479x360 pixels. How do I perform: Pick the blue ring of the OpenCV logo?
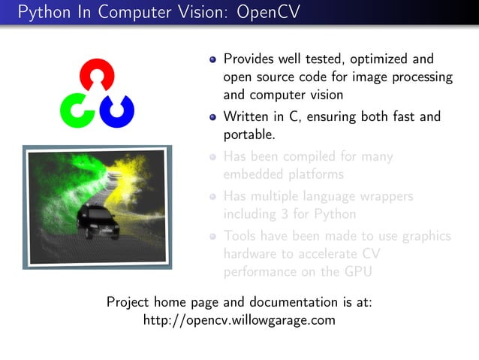pyautogui.click(x=119, y=110)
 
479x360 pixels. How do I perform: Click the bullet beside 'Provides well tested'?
pyautogui.click(x=213, y=59)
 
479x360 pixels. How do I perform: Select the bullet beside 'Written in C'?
pyautogui.click(x=213, y=117)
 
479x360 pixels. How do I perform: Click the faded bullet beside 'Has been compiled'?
pyautogui.click(x=213, y=158)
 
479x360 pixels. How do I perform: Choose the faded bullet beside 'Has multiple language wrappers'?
pyautogui.click(x=213, y=197)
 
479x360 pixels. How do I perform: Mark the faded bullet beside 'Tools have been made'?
pyautogui.click(x=213, y=236)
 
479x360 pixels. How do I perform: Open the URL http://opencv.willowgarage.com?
pyautogui.click(x=239, y=321)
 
